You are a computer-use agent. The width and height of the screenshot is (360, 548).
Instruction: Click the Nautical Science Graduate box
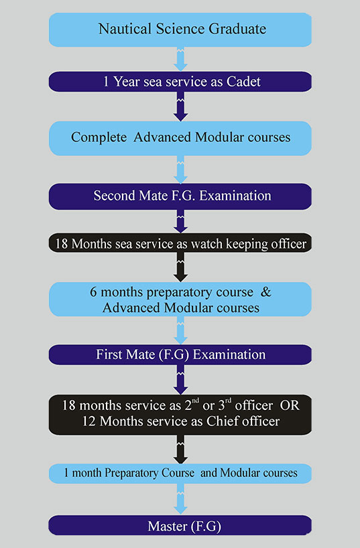click(x=180, y=29)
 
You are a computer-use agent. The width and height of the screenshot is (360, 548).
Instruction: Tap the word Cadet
click(x=243, y=82)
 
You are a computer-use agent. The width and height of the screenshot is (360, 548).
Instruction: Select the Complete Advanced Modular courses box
click(x=180, y=139)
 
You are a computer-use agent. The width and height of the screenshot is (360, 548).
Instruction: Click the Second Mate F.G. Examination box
click(x=180, y=196)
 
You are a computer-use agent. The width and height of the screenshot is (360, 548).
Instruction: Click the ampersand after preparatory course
click(x=266, y=292)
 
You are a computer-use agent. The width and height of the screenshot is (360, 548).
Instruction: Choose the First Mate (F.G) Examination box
click(x=180, y=355)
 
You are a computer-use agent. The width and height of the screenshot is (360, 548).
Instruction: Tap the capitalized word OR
click(x=290, y=405)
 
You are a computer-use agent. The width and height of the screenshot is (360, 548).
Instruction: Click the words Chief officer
click(x=243, y=421)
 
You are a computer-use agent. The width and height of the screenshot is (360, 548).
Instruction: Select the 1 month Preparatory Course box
click(x=180, y=474)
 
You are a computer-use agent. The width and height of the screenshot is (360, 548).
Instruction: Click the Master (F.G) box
click(x=180, y=525)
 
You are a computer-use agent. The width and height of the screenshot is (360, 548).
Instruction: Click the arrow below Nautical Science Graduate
click(x=180, y=59)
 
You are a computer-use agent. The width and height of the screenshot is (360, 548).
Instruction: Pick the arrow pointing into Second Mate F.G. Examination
click(x=180, y=169)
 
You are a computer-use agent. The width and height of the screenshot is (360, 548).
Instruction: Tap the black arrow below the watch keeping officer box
click(x=180, y=267)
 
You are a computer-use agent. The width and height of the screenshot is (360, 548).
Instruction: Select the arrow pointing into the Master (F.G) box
click(x=180, y=499)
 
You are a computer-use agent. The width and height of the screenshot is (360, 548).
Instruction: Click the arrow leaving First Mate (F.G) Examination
click(x=180, y=380)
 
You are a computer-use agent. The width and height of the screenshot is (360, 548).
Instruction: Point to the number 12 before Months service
click(x=89, y=421)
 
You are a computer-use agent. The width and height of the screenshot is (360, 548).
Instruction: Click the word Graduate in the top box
click(x=237, y=29)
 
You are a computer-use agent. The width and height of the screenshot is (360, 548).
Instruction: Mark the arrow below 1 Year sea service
click(x=180, y=107)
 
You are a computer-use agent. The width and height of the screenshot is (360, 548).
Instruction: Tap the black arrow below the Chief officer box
click(x=180, y=450)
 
